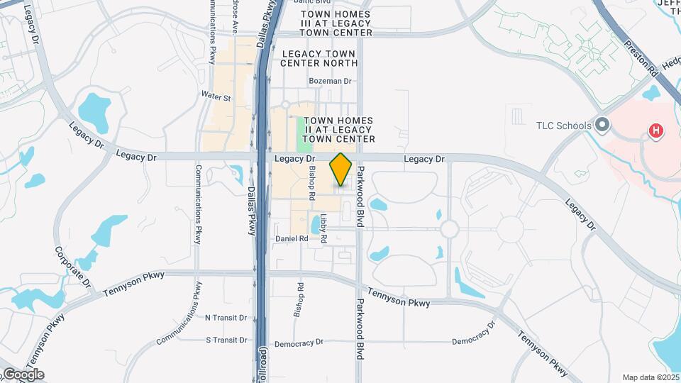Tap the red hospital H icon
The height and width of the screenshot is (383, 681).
pyautogui.click(x=657, y=131)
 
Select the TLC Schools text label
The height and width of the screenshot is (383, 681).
pyautogui.click(x=564, y=126)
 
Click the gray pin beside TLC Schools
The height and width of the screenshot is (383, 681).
pyautogui.click(x=603, y=126)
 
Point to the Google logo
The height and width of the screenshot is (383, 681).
pyautogui.click(x=23, y=374)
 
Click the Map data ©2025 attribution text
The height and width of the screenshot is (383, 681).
pyautogui.click(x=650, y=377)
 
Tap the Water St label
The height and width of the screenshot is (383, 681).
pyautogui.click(x=216, y=96)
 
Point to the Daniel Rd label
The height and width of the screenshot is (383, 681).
pyautogui.click(x=292, y=239)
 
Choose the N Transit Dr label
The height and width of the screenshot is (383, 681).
pyautogui.click(x=226, y=318)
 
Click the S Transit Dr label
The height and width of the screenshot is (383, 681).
pyautogui.click(x=226, y=340)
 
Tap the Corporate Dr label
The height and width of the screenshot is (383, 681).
pyautogui.click(x=72, y=266)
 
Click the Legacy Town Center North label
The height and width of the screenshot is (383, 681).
pyautogui.click(x=319, y=58)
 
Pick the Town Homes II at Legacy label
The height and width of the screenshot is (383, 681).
pyautogui.click(x=338, y=130)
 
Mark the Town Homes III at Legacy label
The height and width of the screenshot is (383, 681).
pyautogui.click(x=336, y=23)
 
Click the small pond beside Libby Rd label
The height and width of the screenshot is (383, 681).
pyautogui.click(x=315, y=225)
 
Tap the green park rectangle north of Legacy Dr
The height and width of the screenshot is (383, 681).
pyautogui.click(x=306, y=135)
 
